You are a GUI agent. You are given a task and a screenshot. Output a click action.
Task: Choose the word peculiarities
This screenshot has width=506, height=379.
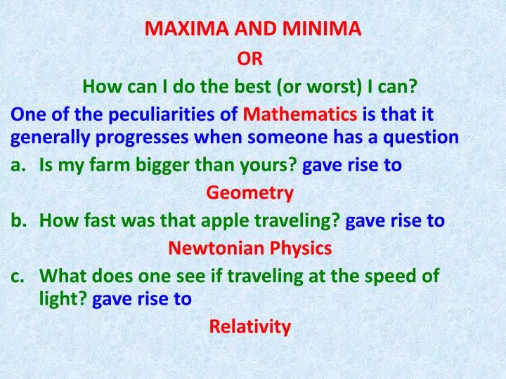156,114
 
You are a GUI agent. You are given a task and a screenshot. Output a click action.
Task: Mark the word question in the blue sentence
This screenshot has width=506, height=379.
422,137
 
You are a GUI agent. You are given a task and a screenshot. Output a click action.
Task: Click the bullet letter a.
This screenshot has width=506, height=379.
17,165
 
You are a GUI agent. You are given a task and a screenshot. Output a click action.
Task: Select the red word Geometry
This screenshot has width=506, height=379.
250,192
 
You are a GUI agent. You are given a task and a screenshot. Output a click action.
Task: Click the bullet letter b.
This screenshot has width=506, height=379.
18,220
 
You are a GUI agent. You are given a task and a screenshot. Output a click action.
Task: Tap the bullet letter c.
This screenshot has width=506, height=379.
17,276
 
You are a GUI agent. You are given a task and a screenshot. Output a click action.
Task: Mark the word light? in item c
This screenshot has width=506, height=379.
63,299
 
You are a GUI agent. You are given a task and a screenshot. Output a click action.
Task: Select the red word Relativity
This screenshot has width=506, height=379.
250,326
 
